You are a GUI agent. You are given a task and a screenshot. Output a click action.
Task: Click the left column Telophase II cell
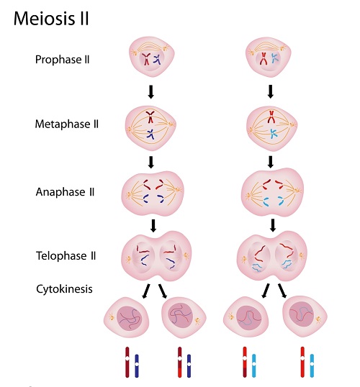pos(153,257)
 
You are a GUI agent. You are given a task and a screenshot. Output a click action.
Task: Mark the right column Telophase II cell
pos(271,257)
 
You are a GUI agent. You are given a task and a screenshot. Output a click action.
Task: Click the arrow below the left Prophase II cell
pos(152,92)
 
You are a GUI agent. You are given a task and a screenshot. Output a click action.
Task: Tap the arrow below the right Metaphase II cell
pos(271,160)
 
